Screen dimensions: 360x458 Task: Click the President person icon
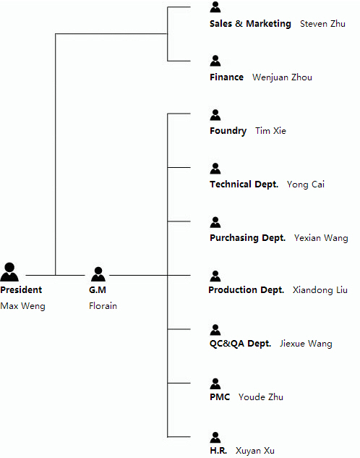tap(9, 271)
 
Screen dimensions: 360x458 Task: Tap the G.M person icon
tap(98, 274)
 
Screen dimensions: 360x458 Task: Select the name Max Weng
tap(22, 306)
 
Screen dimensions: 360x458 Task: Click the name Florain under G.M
tap(103, 306)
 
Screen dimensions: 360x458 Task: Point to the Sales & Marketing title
tap(250, 24)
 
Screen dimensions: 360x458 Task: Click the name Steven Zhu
tap(322, 24)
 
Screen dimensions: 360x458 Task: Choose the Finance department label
tap(226, 77)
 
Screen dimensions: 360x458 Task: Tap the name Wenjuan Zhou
tap(282, 77)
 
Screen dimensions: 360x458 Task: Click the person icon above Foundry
tap(215, 115)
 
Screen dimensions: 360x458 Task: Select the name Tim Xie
tap(271, 130)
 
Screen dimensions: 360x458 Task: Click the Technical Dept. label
tap(244, 185)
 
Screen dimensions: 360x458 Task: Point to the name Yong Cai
tap(306, 185)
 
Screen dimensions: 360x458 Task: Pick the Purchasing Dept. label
tap(247, 238)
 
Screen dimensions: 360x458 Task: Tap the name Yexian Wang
tap(321, 238)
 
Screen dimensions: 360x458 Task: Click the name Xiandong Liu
tap(320, 289)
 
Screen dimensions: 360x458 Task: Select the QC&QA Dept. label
tap(241, 343)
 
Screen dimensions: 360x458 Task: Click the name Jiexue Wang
tap(306, 344)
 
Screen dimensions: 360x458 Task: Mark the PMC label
tap(220, 397)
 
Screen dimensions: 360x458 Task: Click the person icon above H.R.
tap(215, 437)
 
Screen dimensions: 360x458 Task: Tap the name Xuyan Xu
tap(255, 451)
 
